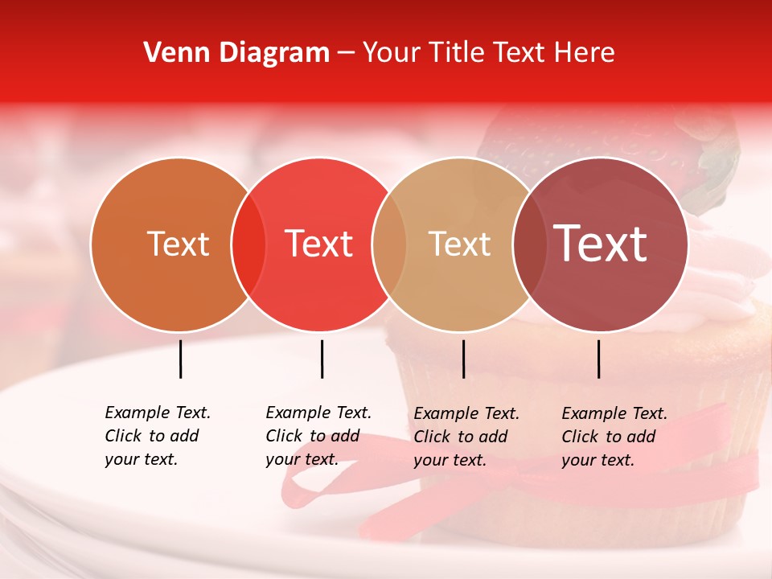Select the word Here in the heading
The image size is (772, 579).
tap(585, 53)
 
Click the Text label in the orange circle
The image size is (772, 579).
tap(178, 244)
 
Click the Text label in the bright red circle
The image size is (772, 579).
tap(319, 244)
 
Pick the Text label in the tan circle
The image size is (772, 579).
tap(460, 244)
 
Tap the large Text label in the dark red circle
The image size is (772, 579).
tap(600, 244)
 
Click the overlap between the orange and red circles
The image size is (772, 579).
tap(248, 244)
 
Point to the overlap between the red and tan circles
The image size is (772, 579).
tap(389, 244)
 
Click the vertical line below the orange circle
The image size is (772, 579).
tap(180, 359)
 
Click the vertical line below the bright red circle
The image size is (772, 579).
tap(322, 359)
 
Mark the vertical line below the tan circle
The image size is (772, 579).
tap(463, 359)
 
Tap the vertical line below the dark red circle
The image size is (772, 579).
tap(599, 359)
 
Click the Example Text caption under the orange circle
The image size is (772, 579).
tap(157, 436)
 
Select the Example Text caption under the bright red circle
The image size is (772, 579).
tap(318, 436)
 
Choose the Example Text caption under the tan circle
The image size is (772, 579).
tap(466, 437)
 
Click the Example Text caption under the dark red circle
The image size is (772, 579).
tap(614, 437)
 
